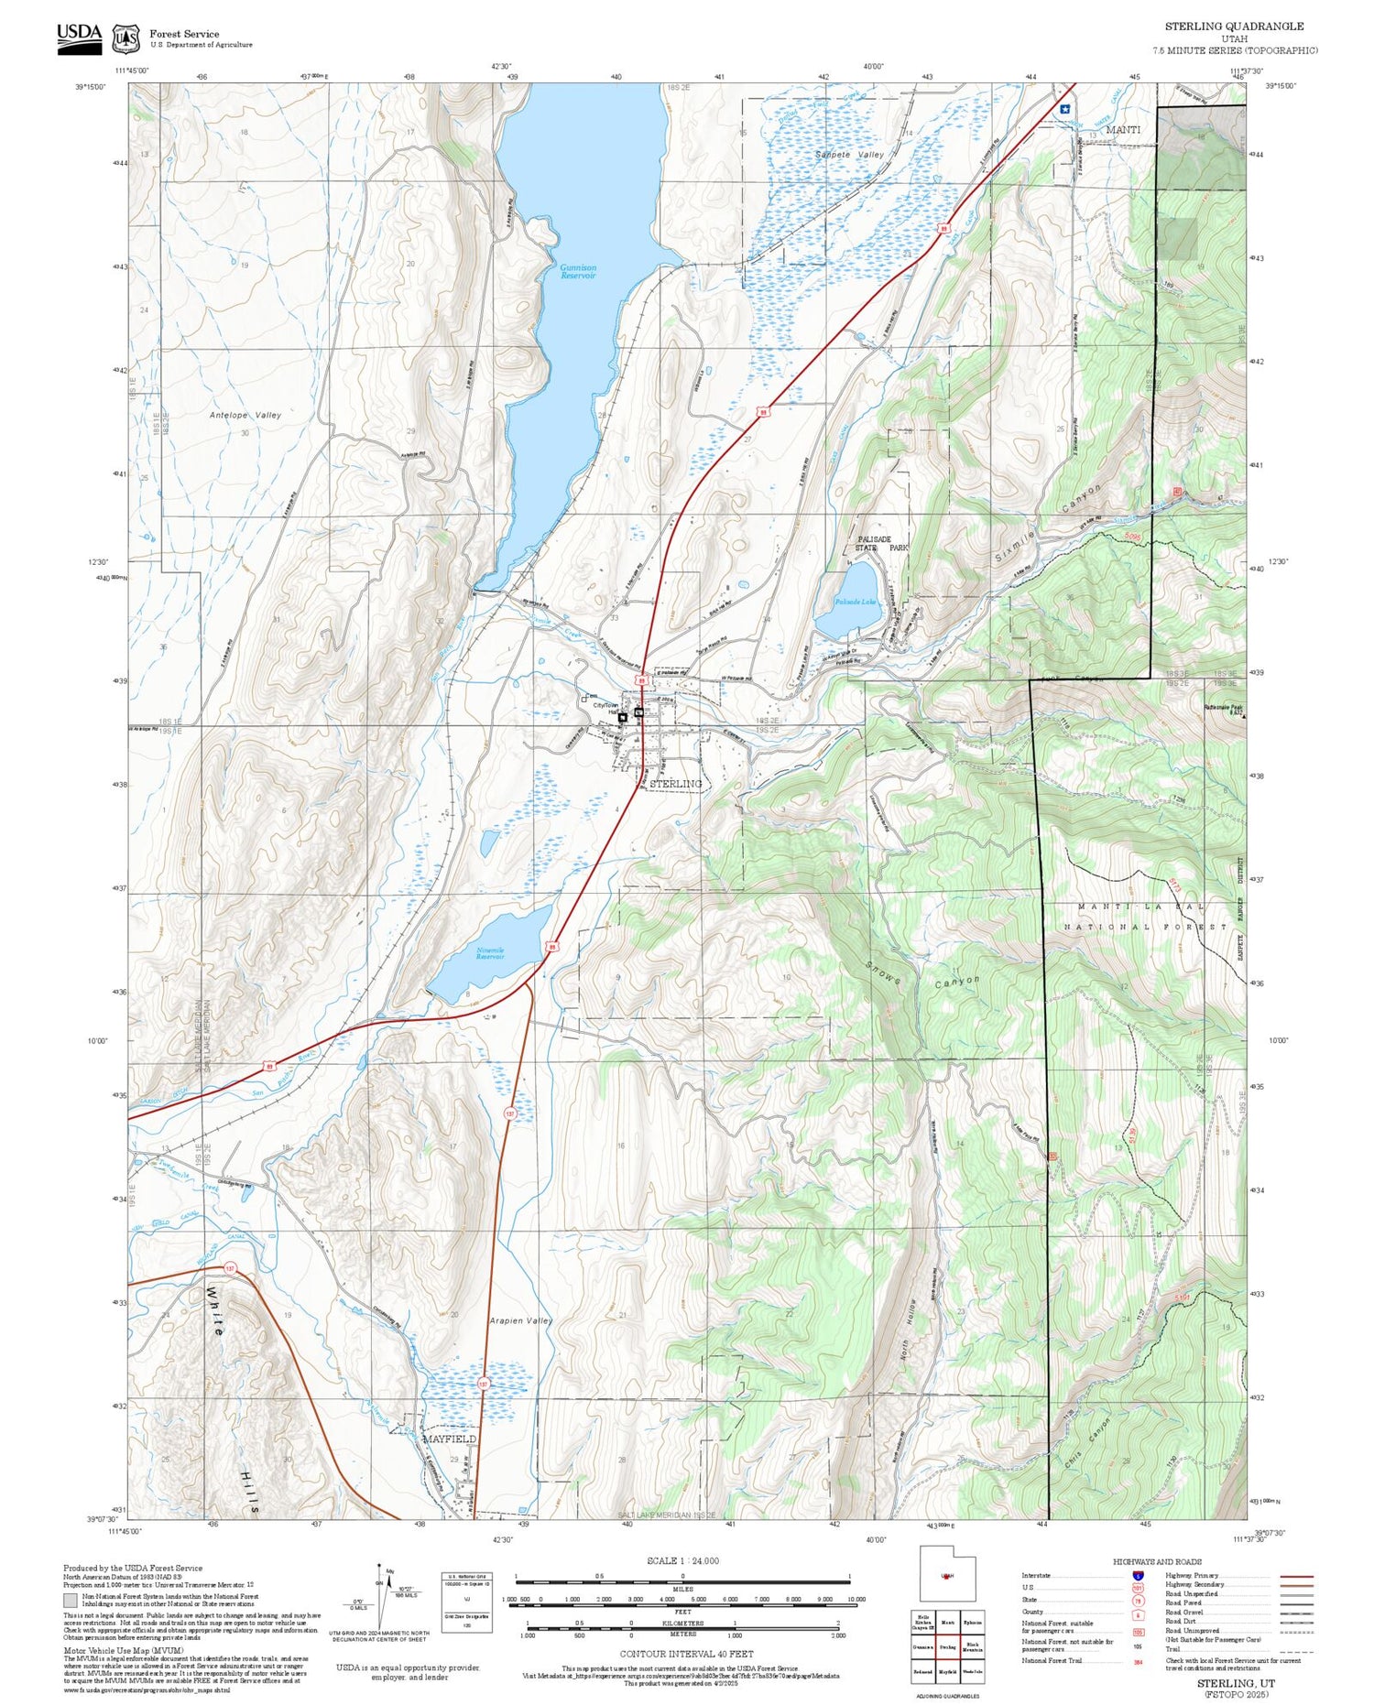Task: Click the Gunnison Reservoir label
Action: tap(578, 271)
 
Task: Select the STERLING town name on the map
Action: tap(675, 784)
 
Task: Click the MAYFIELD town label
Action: tap(449, 1439)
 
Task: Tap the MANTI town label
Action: tap(1123, 130)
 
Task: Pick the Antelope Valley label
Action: tap(245, 415)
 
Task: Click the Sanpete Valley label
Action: tap(849, 155)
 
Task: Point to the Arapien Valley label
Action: tap(520, 1320)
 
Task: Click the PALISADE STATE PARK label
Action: tap(881, 543)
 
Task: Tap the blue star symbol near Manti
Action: tap(1064, 108)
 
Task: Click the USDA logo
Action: tap(80, 38)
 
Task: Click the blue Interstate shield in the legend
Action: tap(1138, 1576)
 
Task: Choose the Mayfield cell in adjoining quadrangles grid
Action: tap(947, 1671)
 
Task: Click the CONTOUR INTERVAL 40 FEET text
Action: tap(688, 1654)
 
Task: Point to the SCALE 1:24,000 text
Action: tap(682, 1560)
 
